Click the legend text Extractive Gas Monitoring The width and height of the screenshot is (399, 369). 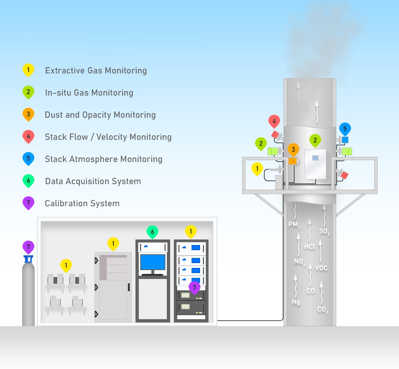coord(96,70)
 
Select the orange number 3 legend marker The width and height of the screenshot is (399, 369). coord(28,115)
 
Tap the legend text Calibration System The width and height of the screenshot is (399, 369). coord(82,203)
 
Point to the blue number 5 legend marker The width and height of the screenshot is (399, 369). coord(28,159)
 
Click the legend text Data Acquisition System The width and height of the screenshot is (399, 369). coord(93,181)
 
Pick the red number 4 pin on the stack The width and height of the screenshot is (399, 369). coord(274,121)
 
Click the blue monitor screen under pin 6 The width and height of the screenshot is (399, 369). coord(153,262)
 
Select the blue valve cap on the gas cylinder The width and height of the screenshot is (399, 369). coord(28,259)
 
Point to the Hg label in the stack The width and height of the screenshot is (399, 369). coord(296,302)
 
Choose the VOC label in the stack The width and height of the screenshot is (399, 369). coord(321,268)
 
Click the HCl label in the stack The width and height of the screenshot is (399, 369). coord(309,246)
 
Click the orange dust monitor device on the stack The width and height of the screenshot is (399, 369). coord(292,161)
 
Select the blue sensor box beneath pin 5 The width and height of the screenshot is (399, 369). coord(345,140)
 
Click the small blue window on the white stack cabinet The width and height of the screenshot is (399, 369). coord(315,158)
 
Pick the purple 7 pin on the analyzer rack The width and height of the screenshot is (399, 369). coord(195,288)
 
